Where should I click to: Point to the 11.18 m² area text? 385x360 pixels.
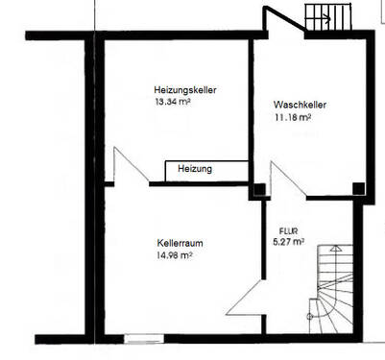point(294,119)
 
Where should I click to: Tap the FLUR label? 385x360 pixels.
point(290,231)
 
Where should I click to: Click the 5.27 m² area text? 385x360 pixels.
point(289,242)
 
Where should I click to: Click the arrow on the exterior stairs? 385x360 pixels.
point(326,18)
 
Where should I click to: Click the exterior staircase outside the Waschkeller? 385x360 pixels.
point(329,17)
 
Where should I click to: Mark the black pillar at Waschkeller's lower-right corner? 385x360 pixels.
point(357,188)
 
